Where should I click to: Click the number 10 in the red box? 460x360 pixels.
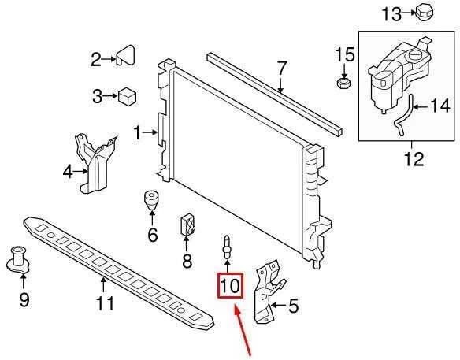(230, 285)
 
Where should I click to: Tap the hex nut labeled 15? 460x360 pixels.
(343, 84)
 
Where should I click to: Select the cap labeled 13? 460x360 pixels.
(425, 13)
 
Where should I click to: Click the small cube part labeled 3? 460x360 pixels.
(127, 97)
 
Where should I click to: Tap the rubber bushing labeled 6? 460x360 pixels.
(151, 200)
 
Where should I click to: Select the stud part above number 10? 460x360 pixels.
(227, 247)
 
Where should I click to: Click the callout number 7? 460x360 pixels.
(281, 68)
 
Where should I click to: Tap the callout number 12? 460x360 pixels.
(414, 159)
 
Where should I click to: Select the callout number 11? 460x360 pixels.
(105, 303)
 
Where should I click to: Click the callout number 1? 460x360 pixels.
(137, 132)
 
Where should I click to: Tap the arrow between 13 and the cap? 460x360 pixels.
(408, 13)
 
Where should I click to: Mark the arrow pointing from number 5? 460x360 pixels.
(278, 305)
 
